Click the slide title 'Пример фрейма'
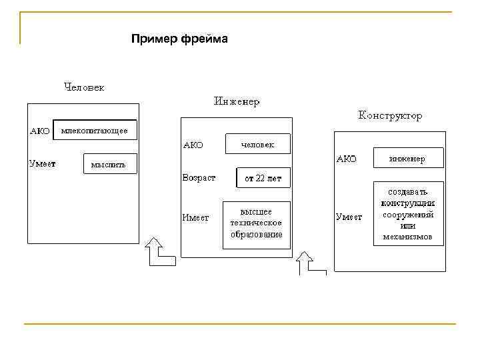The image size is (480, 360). pyautogui.click(x=179, y=39)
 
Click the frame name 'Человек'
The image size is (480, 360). pyautogui.click(x=84, y=87)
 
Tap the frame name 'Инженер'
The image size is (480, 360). pyautogui.click(x=237, y=102)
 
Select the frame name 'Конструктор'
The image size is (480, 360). pyautogui.click(x=390, y=116)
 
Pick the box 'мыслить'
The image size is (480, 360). pyautogui.click(x=109, y=165)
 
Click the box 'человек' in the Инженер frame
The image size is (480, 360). pyautogui.click(x=257, y=144)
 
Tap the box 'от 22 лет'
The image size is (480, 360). pyautogui.click(x=263, y=178)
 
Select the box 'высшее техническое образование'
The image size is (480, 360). pyautogui.click(x=257, y=224)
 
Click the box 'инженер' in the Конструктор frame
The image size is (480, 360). pyautogui.click(x=408, y=158)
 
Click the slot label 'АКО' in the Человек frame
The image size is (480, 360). pyautogui.click(x=40, y=131)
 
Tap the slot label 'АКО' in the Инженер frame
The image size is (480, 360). pyautogui.click(x=193, y=144)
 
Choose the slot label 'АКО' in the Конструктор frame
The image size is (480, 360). pyautogui.click(x=347, y=159)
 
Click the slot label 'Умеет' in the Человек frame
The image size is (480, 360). pyautogui.click(x=42, y=162)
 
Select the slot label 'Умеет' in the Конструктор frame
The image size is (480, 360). pyautogui.click(x=349, y=217)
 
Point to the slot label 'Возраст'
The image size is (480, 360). pyautogui.click(x=199, y=178)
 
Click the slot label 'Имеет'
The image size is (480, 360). pyautogui.click(x=196, y=217)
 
